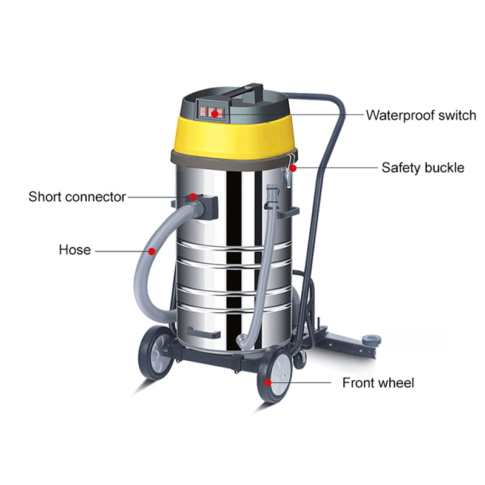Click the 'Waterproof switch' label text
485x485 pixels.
[421, 115]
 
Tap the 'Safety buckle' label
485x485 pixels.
[423, 167]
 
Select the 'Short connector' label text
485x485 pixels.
[77, 196]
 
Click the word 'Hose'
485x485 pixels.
[75, 249]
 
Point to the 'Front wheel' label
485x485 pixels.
[378, 383]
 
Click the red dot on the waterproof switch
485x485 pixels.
[214, 113]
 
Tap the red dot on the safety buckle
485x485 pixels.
[292, 167]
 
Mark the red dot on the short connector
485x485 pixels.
[193, 196]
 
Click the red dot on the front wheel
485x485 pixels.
[267, 383]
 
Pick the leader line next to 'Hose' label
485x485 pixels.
[121, 249]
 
